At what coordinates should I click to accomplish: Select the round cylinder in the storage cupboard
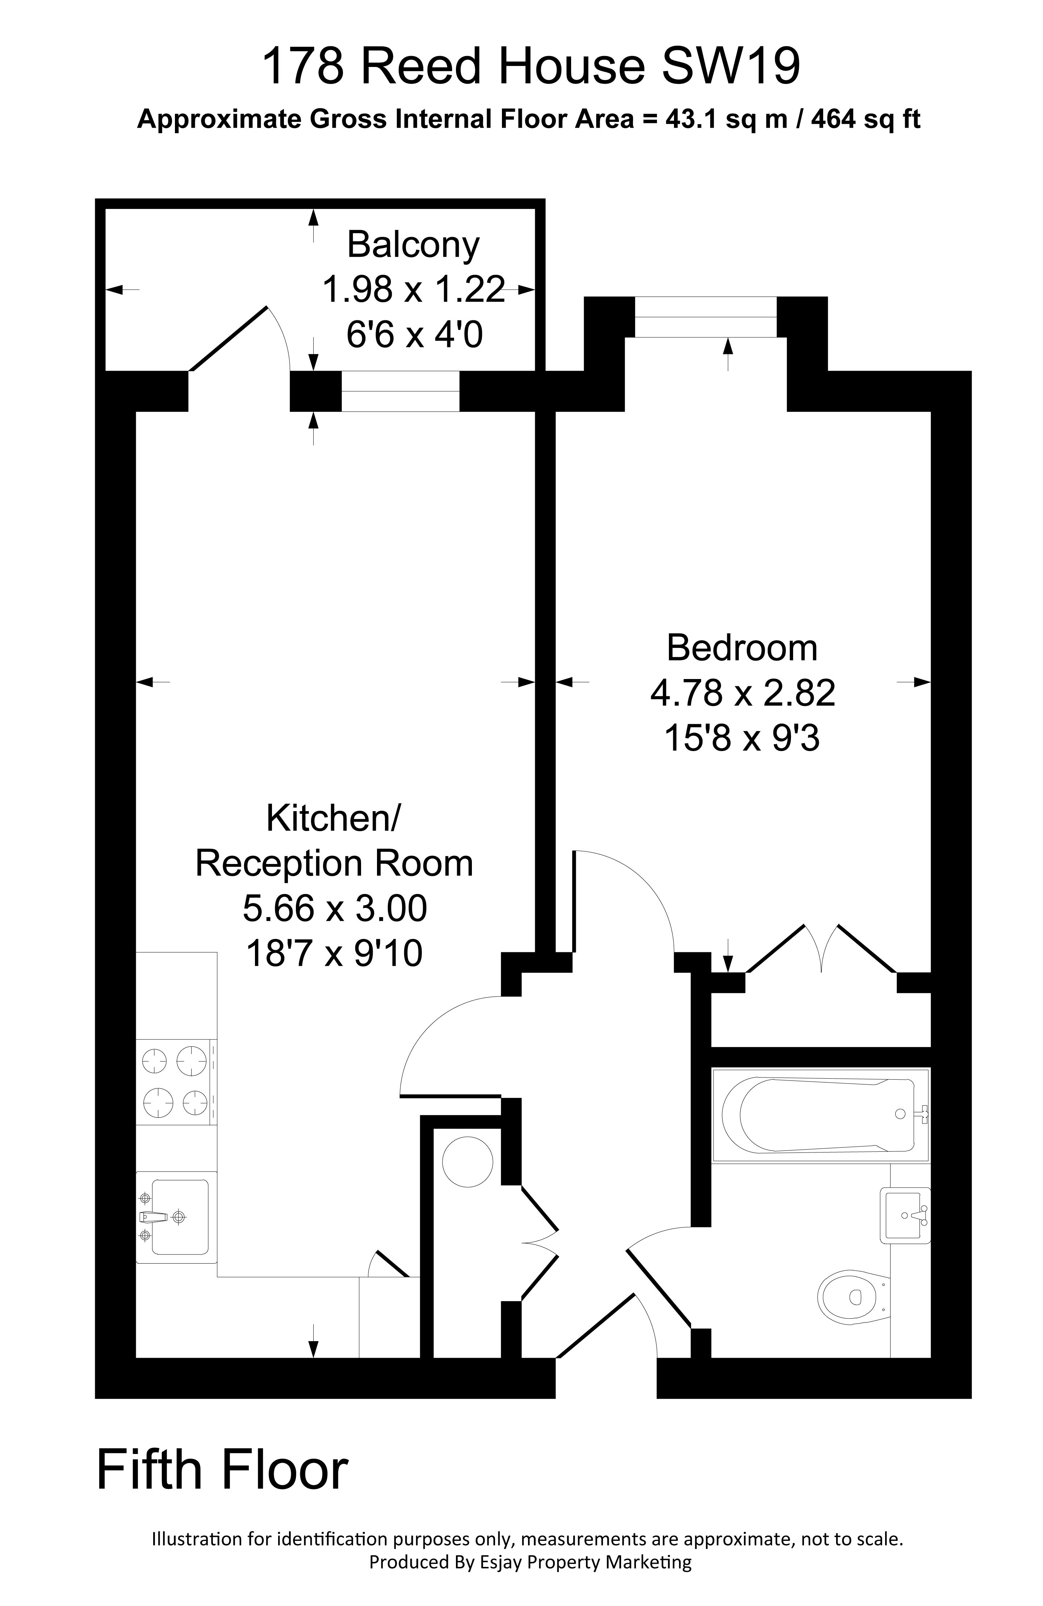pyautogui.click(x=467, y=1161)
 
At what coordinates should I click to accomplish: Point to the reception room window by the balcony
pyautogui.click(x=400, y=391)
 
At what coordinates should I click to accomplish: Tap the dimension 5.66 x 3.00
pyautogui.click(x=334, y=908)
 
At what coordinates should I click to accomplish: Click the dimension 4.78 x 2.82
pyautogui.click(x=742, y=693)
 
